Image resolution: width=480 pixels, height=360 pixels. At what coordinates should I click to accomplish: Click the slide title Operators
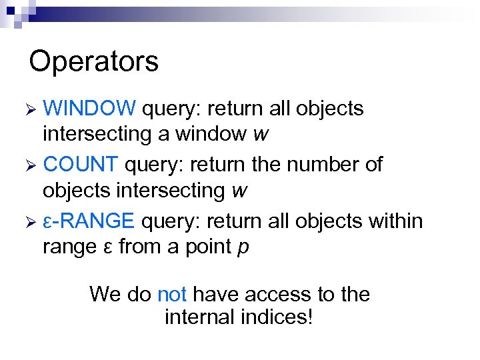click(94, 61)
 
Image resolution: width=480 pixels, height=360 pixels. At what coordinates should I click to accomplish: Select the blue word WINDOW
click(89, 109)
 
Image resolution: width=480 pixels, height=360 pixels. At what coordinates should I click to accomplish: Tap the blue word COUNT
click(80, 165)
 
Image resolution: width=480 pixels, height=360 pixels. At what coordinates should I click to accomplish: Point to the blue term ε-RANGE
click(89, 221)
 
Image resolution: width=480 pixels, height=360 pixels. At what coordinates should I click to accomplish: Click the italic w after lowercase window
click(261, 135)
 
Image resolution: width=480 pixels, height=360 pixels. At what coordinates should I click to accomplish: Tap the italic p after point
click(243, 247)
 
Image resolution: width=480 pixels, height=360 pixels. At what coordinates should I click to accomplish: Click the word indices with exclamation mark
click(279, 317)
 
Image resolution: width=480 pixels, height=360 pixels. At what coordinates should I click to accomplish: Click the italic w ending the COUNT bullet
click(239, 191)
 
